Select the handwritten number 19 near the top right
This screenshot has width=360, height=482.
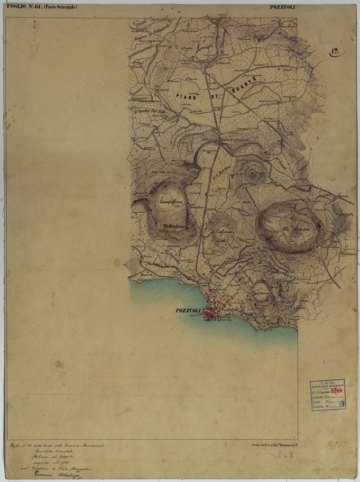[x=335, y=51]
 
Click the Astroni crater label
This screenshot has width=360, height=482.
[x=292, y=229]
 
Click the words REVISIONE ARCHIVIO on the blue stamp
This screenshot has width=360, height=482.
[x=327, y=385]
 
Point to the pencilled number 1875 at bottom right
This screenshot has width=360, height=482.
[x=334, y=443]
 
